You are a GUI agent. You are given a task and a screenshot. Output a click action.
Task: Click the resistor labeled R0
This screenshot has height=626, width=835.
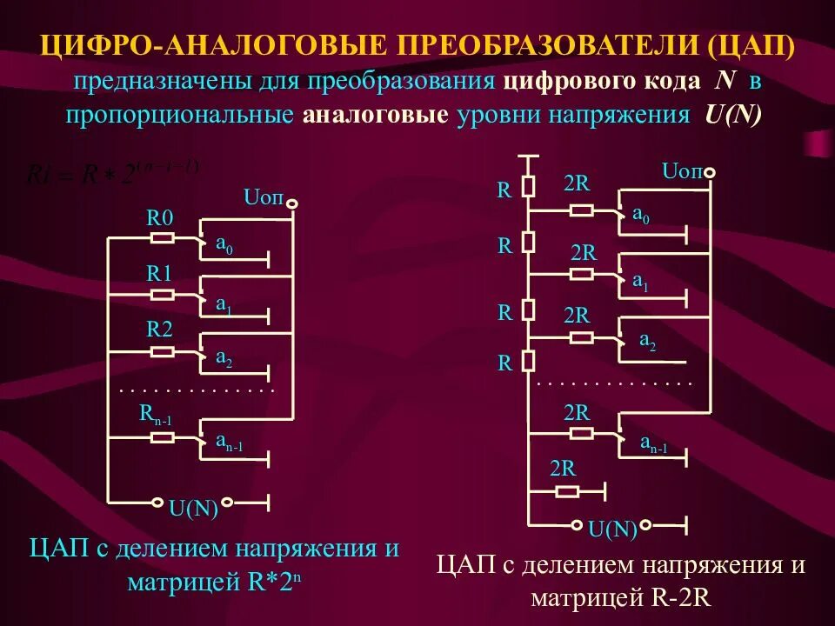(x=163, y=237)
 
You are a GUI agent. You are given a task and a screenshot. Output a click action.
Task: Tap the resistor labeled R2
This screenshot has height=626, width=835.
(x=163, y=352)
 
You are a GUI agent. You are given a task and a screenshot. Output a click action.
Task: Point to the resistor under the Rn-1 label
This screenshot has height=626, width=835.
(x=163, y=438)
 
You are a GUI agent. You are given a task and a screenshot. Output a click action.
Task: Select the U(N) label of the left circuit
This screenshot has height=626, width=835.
(x=193, y=509)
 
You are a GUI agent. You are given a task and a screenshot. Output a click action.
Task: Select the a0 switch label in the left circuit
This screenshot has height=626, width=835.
(x=224, y=247)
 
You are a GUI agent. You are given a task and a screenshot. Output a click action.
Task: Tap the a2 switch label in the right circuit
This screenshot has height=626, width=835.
(x=648, y=343)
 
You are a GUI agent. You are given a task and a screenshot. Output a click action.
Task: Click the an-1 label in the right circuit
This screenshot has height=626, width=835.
(x=654, y=443)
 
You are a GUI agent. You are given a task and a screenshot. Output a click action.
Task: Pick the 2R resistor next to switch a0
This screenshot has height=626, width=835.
(x=582, y=210)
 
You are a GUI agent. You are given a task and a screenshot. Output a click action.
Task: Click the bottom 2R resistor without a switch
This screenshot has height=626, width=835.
(x=567, y=491)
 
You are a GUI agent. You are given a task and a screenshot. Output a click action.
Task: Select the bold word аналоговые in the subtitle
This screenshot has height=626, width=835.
(x=375, y=116)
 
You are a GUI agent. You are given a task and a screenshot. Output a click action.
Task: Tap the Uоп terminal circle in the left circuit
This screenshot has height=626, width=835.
(x=293, y=204)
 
